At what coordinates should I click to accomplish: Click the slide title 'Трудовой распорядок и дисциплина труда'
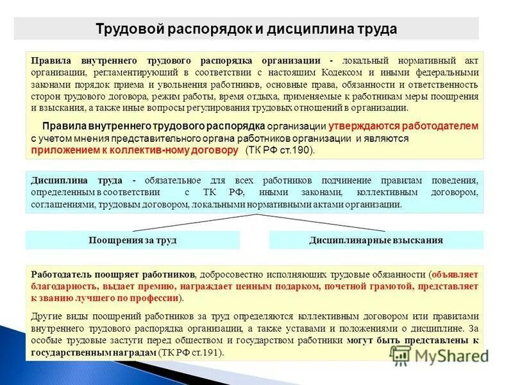pos(246,29)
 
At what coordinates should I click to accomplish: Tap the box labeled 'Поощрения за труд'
pos(132,241)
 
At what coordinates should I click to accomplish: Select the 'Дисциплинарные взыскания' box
pos(376,241)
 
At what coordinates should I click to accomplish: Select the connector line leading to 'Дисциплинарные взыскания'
pos(321,222)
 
